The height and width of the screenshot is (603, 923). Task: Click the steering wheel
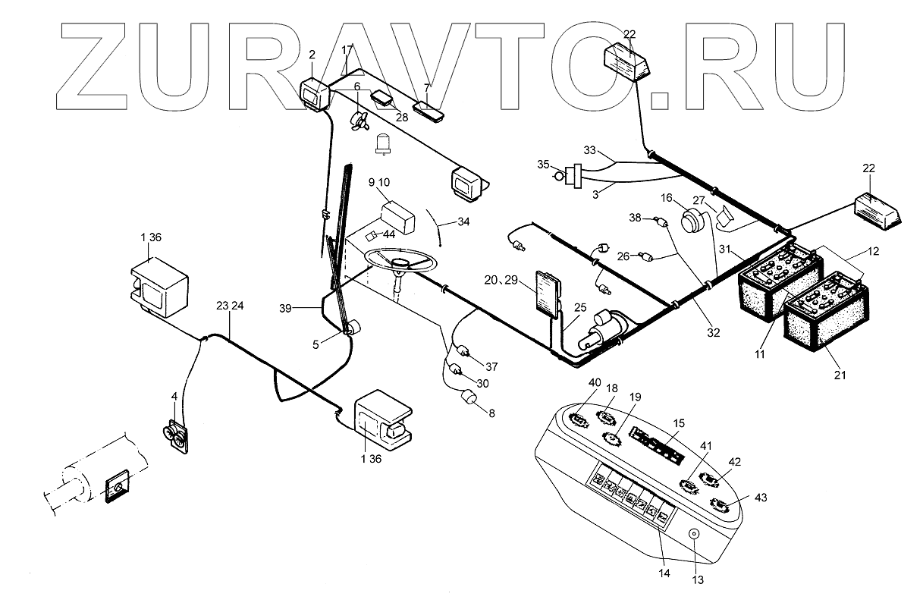400,262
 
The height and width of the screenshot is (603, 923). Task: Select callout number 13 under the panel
698,579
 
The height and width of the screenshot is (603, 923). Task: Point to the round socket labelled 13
693,535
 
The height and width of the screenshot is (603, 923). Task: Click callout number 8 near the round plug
491,414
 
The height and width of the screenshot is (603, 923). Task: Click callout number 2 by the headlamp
311,55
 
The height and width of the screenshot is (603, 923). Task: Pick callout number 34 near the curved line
463,222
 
